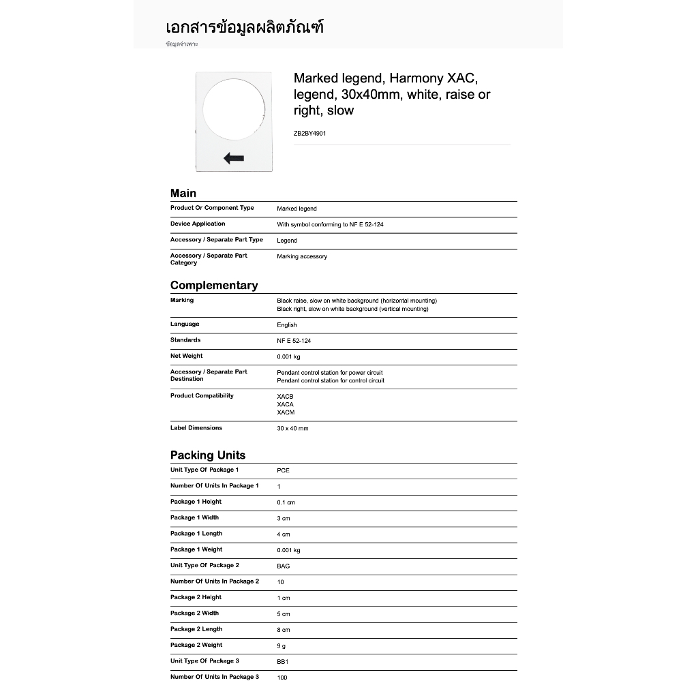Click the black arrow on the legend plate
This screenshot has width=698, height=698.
(x=234, y=159)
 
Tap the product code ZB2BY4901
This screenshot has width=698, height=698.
(x=309, y=134)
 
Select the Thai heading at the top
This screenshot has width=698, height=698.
(x=244, y=28)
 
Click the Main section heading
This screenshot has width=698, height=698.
(x=183, y=194)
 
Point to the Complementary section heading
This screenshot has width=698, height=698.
(x=214, y=286)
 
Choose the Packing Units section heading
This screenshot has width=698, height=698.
(x=207, y=455)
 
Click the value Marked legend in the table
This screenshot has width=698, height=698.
(x=297, y=209)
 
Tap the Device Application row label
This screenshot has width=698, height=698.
(x=198, y=224)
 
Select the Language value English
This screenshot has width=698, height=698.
(x=286, y=325)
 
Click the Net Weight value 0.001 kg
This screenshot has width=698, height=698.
(x=288, y=356)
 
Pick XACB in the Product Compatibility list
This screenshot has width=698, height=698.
(x=285, y=397)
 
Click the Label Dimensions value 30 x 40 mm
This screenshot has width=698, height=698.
(x=292, y=429)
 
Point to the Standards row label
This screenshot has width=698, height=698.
(x=185, y=340)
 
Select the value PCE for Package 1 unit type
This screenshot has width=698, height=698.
(x=283, y=470)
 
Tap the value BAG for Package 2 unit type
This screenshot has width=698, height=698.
(x=283, y=566)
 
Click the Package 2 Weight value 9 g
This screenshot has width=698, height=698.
(x=281, y=646)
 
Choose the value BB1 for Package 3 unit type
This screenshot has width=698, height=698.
(x=283, y=661)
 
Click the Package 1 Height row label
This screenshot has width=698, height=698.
(x=196, y=502)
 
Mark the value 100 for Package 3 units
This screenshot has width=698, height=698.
(x=282, y=678)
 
